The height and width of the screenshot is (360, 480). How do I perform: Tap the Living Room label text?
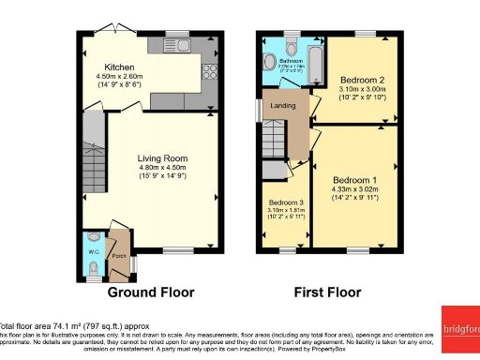click(x=157, y=157)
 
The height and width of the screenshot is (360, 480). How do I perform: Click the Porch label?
click(x=118, y=256)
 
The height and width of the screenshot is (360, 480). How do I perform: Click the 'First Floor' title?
click(x=327, y=292)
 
